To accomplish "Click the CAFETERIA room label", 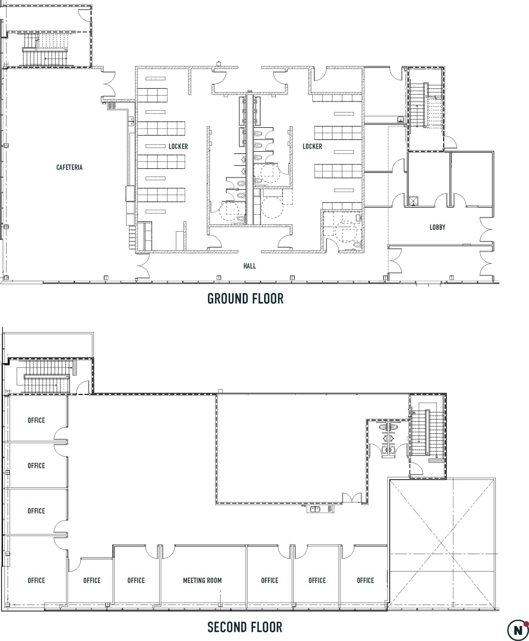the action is [x=69, y=167].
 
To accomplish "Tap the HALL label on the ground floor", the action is [x=250, y=266].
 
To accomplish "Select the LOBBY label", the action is [x=437, y=227].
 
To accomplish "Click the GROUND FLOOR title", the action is [x=245, y=299].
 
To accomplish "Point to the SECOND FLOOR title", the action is [x=245, y=627].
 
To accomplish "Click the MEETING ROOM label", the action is [x=202, y=581].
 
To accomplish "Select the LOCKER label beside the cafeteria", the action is [x=178, y=147].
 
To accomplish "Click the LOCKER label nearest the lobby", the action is [x=312, y=147].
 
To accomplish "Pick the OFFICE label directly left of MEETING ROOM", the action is [x=136, y=581].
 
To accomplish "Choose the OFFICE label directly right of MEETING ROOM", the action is [x=269, y=581].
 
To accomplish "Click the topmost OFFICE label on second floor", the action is [x=36, y=420].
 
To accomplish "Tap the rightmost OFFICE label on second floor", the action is [x=365, y=581].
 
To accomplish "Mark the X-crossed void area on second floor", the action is [x=442, y=544].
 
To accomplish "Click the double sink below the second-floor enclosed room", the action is [x=315, y=509].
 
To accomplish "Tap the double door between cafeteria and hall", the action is [x=143, y=266].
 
